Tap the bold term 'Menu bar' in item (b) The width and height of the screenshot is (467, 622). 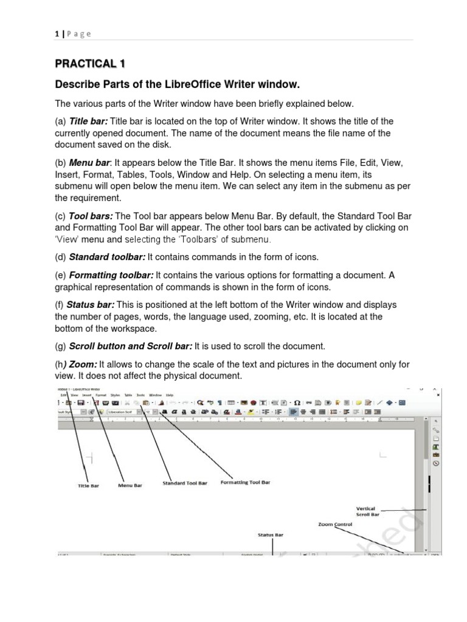pos(88,163)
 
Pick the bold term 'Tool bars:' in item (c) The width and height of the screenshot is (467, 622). pos(91,216)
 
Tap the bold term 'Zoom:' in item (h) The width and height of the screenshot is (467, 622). pos(85,364)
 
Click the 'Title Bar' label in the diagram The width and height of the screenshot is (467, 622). pos(88,486)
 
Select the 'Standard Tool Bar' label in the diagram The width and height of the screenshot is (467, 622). pos(185,484)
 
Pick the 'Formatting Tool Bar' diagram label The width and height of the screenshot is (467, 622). pos(245,482)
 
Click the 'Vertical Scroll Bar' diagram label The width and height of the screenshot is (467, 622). pos(367,511)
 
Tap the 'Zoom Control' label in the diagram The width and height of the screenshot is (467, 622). pos(334,523)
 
